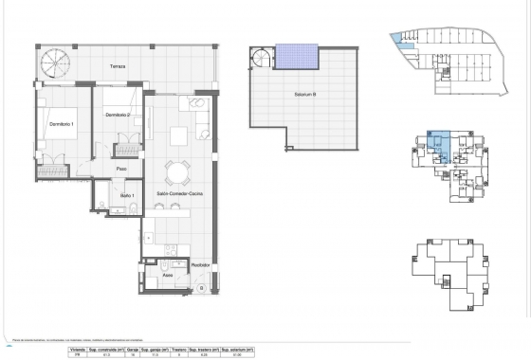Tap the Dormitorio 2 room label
click(117, 116)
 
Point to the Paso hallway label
click(121, 169)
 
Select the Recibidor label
click(199, 265)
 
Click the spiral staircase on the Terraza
click(52, 64)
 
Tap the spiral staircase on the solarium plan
click(259, 60)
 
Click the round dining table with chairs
click(175, 172)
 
